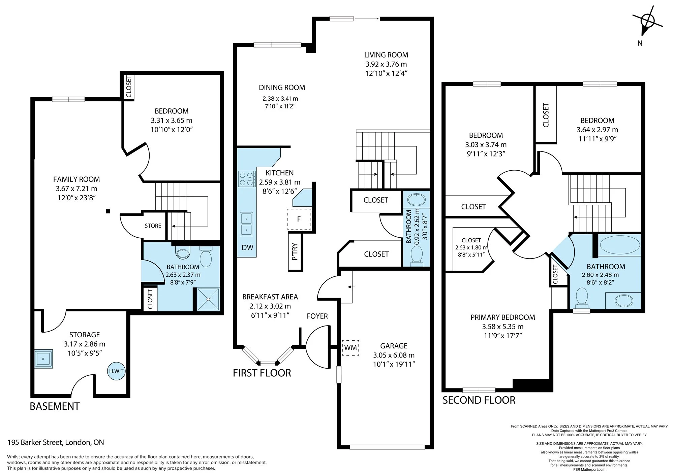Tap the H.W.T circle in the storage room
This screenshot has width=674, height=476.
tap(116, 371)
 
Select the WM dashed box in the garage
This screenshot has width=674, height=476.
tap(350, 347)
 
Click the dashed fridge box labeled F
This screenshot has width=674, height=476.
tap(299, 219)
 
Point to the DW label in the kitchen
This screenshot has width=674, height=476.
tap(247, 248)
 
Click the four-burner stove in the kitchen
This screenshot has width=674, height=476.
tap(246, 179)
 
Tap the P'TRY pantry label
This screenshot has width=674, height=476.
tap(295, 251)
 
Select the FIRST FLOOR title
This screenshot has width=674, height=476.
tap(262, 373)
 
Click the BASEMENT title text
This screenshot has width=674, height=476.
tap(55, 406)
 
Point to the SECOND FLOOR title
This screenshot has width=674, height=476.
tap(479, 400)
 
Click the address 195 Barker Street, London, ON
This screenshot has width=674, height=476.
tap(56, 442)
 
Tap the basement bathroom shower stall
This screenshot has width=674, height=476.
tap(208, 299)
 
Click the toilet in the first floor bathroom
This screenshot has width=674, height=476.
tap(417, 255)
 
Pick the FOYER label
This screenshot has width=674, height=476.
tap(317, 316)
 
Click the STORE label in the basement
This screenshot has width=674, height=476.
tap(153, 226)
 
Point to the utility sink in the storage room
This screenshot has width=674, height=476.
tap(43, 359)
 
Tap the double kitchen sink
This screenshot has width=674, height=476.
tap(246, 224)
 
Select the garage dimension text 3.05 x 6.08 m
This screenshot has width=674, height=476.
tap(394, 355)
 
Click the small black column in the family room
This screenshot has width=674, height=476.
tap(108, 211)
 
